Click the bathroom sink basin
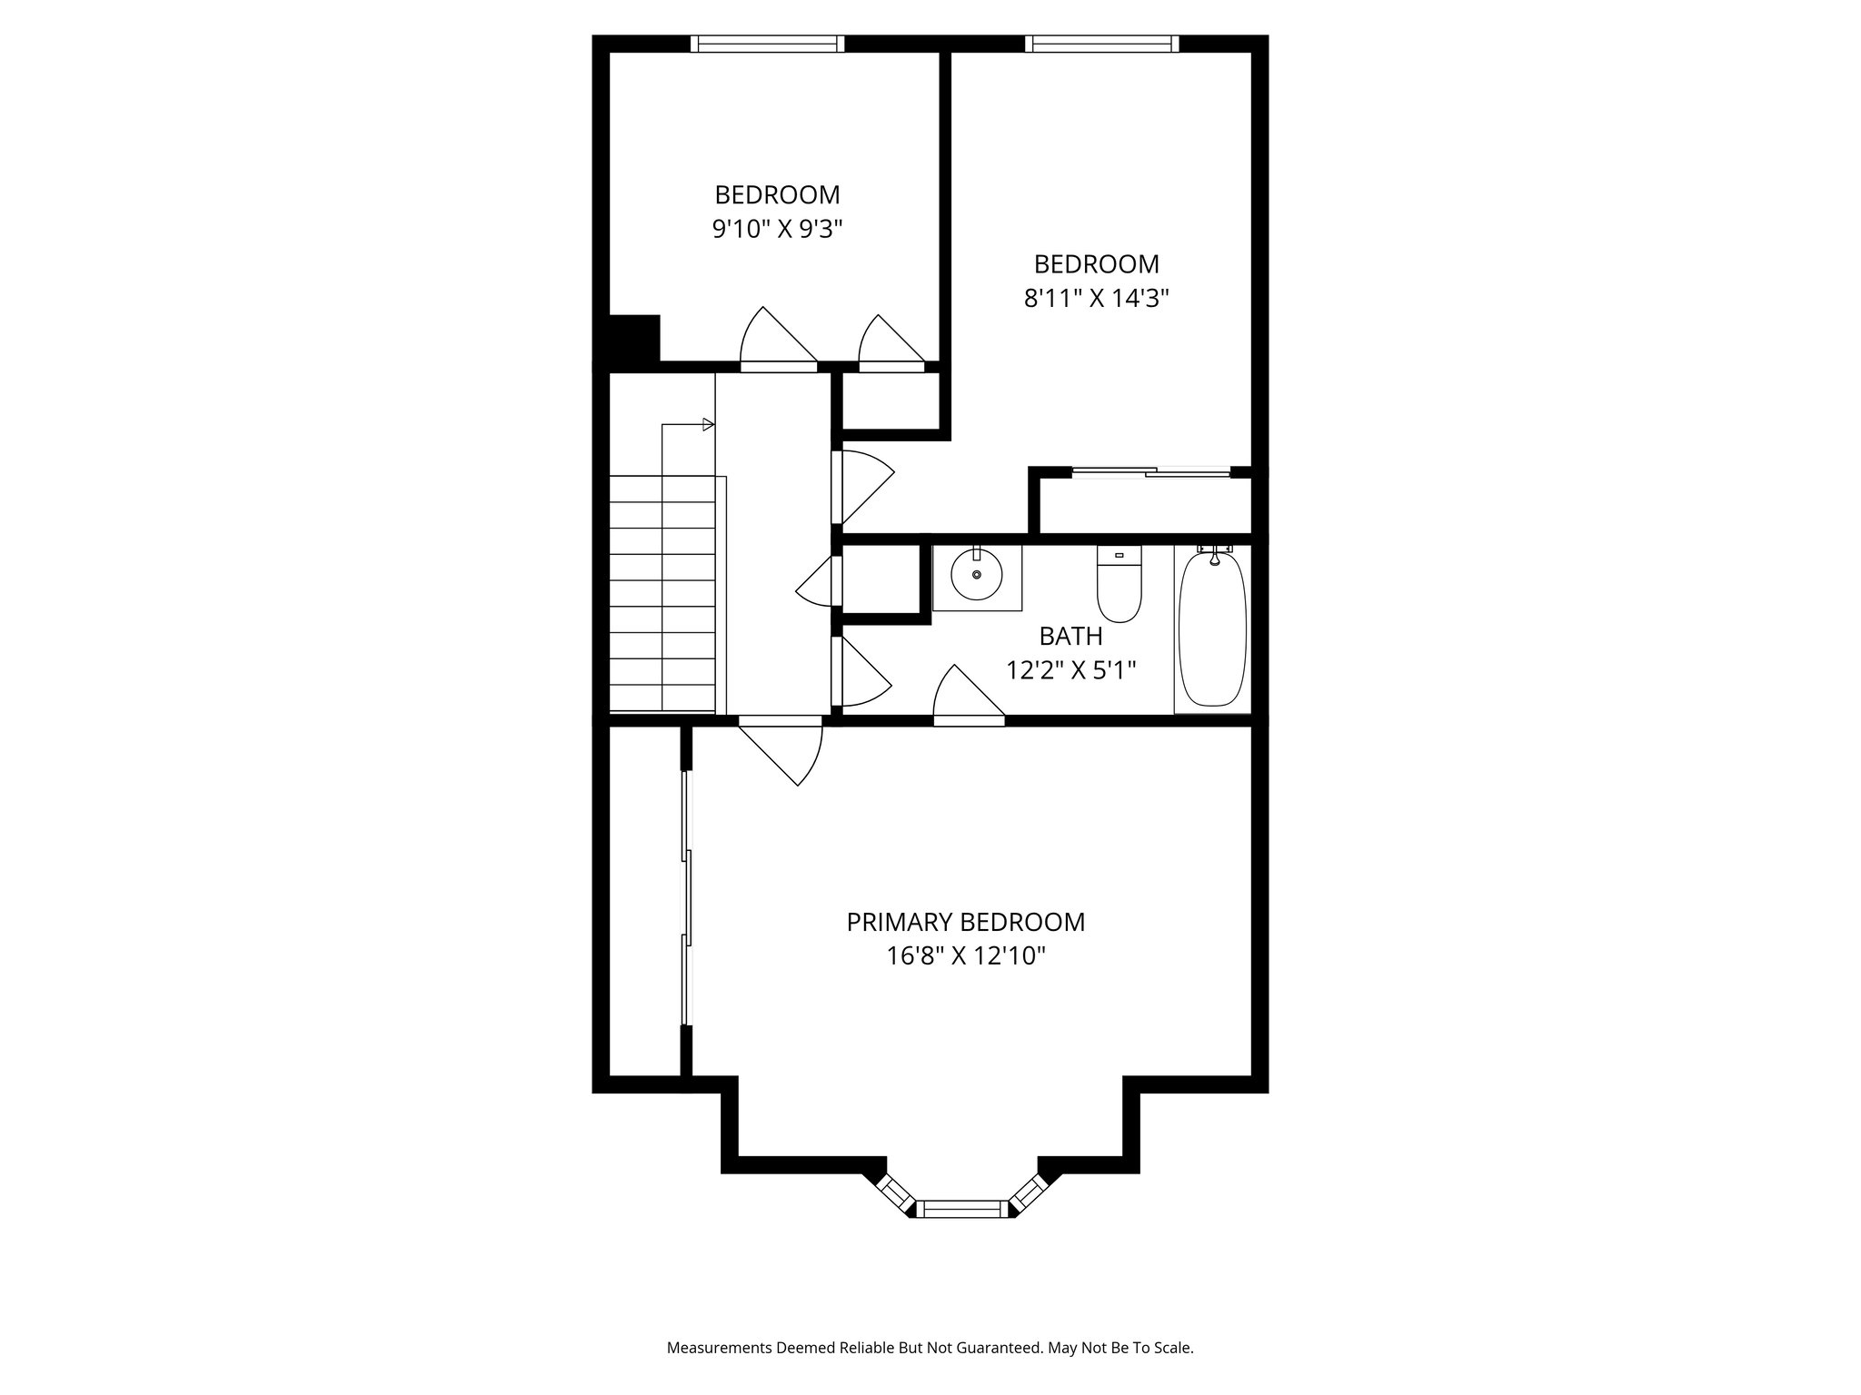[977, 574]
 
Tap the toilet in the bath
[1119, 586]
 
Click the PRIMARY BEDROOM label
[965, 923]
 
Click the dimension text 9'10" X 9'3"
[777, 229]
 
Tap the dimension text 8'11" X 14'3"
[1096, 298]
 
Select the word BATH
[1070, 636]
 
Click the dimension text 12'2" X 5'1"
[1070, 670]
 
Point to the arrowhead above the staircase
[709, 424]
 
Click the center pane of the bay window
[962, 1208]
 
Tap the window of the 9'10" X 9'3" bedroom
[767, 44]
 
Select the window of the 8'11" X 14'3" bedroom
[1101, 44]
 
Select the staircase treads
[662, 594]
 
